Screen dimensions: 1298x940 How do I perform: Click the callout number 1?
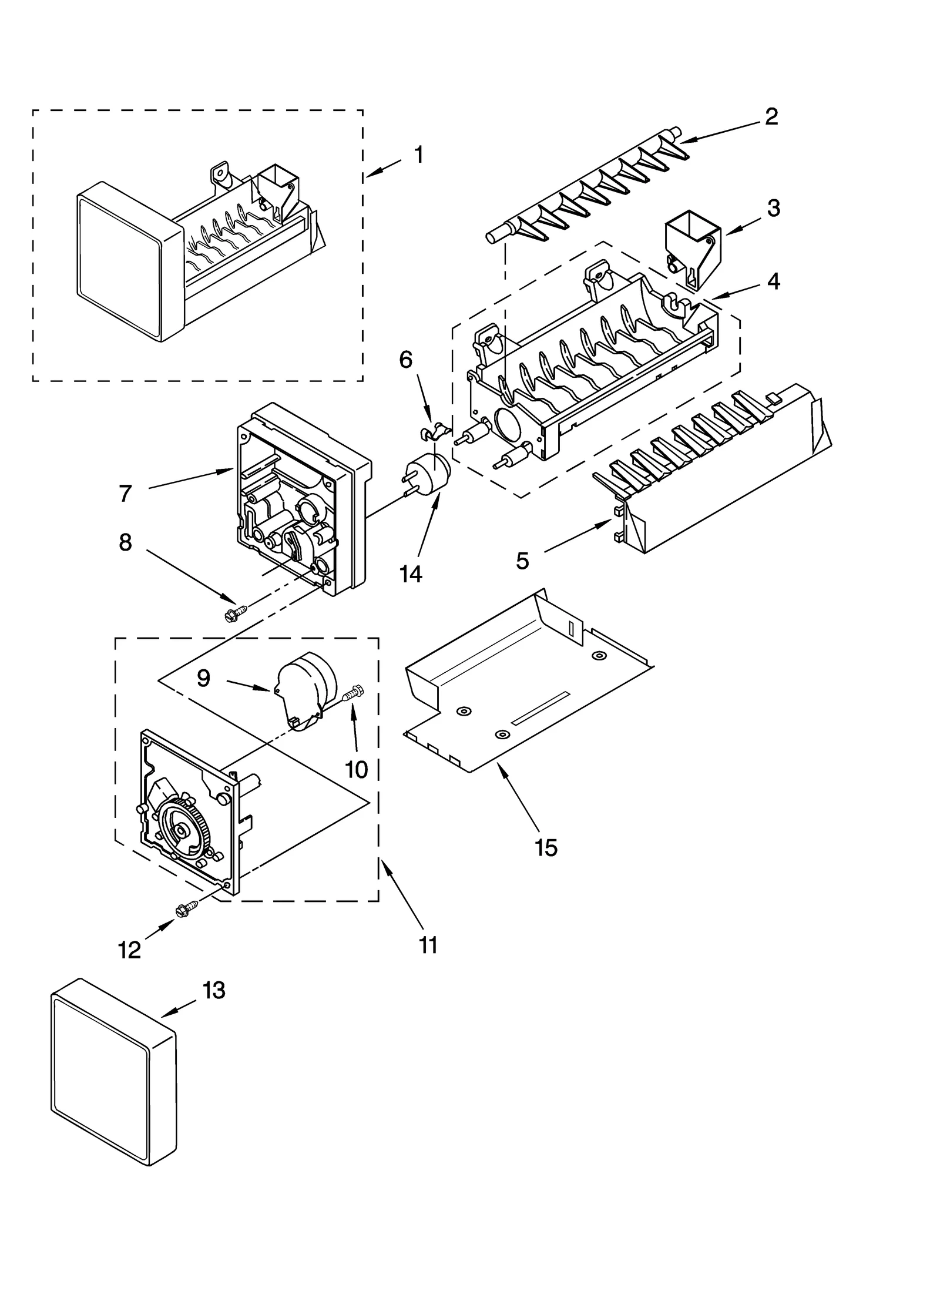pyautogui.click(x=418, y=155)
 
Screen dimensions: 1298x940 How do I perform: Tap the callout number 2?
pyautogui.click(x=771, y=116)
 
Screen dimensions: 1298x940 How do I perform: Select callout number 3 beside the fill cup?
pyautogui.click(x=773, y=208)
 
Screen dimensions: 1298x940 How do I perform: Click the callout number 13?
pyautogui.click(x=214, y=991)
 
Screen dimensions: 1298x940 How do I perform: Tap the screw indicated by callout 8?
pyautogui.click(x=234, y=614)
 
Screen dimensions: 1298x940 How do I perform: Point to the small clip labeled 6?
pyautogui.click(x=434, y=432)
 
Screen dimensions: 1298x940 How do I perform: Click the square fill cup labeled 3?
pyautogui.click(x=694, y=246)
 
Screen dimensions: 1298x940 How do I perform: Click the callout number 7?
pyautogui.click(x=125, y=494)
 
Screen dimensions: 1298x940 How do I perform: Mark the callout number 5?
pyautogui.click(x=522, y=561)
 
